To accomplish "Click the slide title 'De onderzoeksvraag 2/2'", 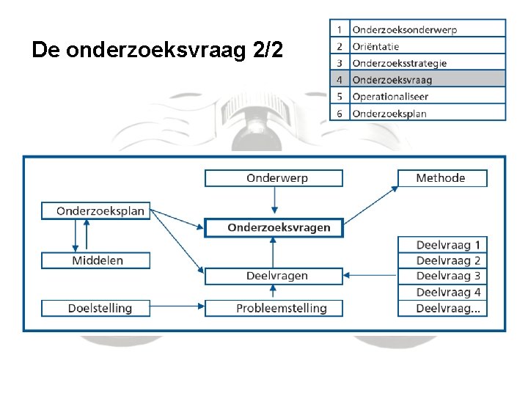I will pyautogui.click(x=157, y=50).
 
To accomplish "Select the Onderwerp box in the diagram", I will pyautogui.click(x=274, y=178).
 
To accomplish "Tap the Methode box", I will pyautogui.click(x=441, y=178).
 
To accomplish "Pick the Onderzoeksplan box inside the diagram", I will pyautogui.click(x=95, y=211).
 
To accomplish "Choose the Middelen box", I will pyautogui.click(x=95, y=260).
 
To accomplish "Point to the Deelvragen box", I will pyautogui.click(x=274, y=276).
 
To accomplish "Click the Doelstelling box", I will pyautogui.click(x=95, y=308).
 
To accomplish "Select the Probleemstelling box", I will pyautogui.click(x=274, y=308).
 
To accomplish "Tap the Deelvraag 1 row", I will pyautogui.click(x=442, y=244).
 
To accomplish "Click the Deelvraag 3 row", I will pyautogui.click(x=442, y=276).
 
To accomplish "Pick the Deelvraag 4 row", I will pyautogui.click(x=442, y=292).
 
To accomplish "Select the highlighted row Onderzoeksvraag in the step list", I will pyautogui.click(x=427, y=80).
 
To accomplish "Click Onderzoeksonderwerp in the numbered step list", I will pyautogui.click(x=427, y=29).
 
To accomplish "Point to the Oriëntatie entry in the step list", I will pyautogui.click(x=427, y=46).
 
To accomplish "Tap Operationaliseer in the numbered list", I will pyautogui.click(x=427, y=97).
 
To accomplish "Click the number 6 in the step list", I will pyautogui.click(x=340, y=114).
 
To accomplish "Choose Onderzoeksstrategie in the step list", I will pyautogui.click(x=427, y=63).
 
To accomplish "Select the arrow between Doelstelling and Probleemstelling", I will pyautogui.click(x=177, y=308).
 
